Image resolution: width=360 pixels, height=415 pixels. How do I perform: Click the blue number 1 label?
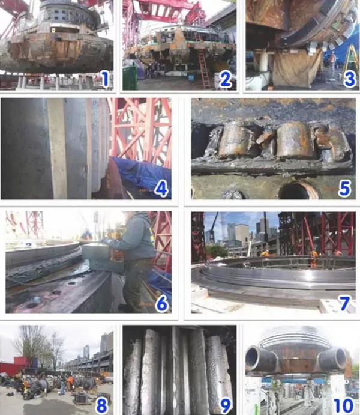(106, 79)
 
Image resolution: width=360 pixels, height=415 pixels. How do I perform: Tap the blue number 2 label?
(226, 79)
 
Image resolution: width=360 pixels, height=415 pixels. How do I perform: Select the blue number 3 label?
(350, 79)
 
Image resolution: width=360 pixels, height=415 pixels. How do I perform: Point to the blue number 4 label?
(161, 189)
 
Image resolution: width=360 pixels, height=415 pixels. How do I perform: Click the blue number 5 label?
(345, 189)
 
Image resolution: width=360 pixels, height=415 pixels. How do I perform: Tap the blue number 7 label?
(345, 303)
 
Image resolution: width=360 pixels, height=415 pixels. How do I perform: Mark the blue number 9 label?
(226, 405)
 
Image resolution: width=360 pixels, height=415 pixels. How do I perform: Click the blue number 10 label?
(344, 405)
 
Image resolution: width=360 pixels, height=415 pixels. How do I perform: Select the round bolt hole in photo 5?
(298, 190)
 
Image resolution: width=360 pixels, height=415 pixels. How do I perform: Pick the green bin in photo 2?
(130, 77)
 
